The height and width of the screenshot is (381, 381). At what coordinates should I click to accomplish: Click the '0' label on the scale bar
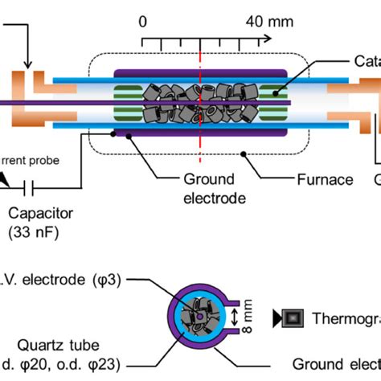144,21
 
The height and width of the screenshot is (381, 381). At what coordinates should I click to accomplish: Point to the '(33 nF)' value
35,233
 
